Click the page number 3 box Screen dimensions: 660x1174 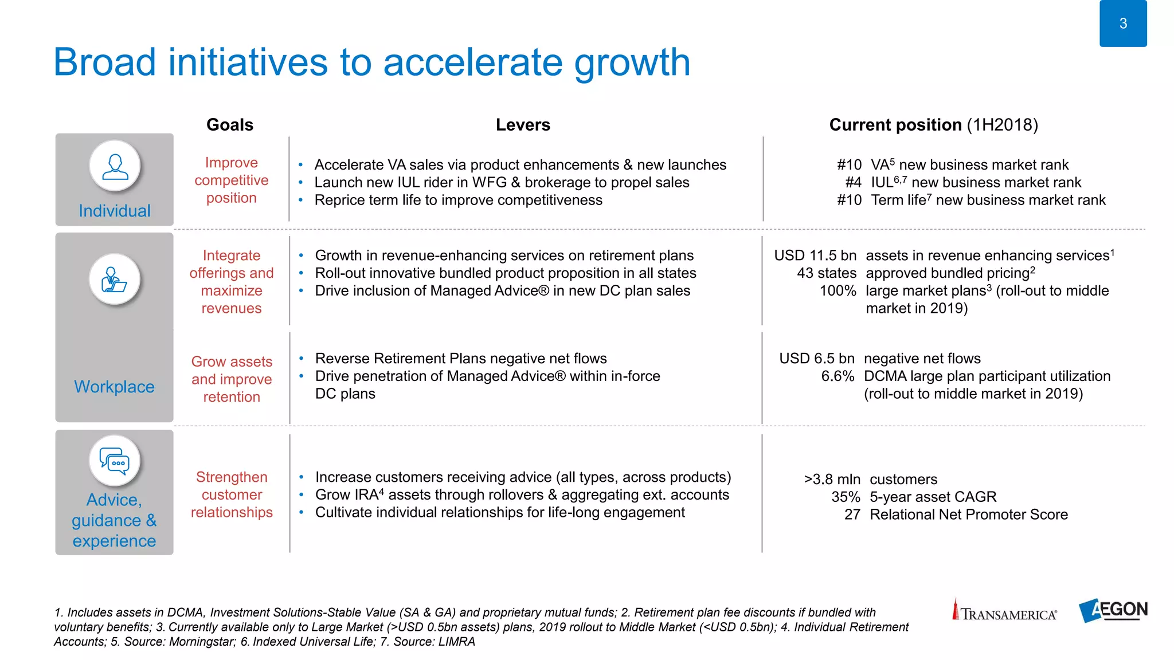pyautogui.click(x=1122, y=23)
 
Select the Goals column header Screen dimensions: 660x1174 pyautogui.click(x=229, y=125)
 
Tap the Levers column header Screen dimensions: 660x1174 pyautogui.click(x=523, y=125)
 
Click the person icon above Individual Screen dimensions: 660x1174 pyautogui.click(x=115, y=166)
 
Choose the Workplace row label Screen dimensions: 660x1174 pyautogui.click(x=114, y=387)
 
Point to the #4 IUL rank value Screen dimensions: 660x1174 pyautogui.click(x=853, y=183)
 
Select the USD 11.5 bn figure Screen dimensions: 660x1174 pyautogui.click(x=815, y=256)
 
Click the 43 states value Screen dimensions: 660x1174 pyautogui.click(x=826, y=273)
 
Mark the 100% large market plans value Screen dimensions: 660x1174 pyautogui.click(x=838, y=291)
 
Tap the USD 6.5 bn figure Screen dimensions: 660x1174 pyautogui.click(x=816, y=359)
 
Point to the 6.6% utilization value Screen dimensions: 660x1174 pyautogui.click(x=838, y=376)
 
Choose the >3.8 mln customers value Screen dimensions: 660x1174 pyautogui.click(x=832, y=480)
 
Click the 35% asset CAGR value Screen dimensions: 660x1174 pyautogui.click(x=846, y=497)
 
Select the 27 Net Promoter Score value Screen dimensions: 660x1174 pyautogui.click(x=852, y=515)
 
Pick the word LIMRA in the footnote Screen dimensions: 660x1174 pyautogui.click(x=457, y=642)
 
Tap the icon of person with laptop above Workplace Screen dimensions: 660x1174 pyautogui.click(x=115, y=280)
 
